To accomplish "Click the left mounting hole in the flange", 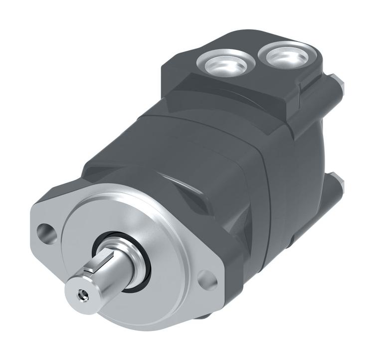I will pyautogui.click(x=46, y=232).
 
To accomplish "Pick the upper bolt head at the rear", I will pyautogui.click(x=338, y=84).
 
